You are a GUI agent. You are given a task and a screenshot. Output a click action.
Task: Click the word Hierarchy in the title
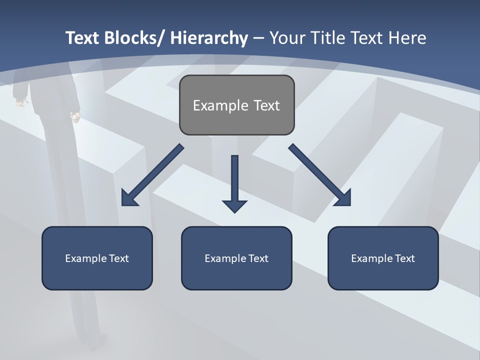point(209,38)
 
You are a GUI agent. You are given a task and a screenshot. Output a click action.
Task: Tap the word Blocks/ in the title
point(135,38)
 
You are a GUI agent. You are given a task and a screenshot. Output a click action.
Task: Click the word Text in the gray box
point(266,105)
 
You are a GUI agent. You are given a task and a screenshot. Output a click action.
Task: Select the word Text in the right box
point(405,258)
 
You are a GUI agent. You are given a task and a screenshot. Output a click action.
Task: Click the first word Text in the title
point(83,38)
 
